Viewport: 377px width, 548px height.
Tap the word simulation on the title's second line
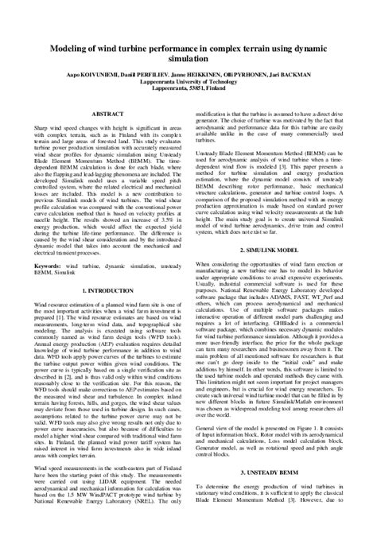pos(188,58)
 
